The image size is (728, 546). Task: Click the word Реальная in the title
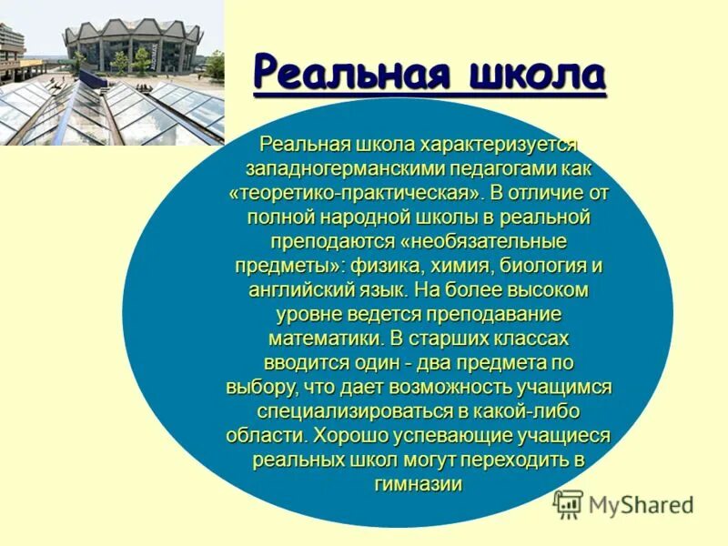(345, 73)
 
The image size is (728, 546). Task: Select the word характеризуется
(500, 146)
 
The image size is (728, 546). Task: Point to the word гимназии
(419, 484)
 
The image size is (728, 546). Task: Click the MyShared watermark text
(641, 504)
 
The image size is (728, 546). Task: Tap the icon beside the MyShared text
(568, 504)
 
